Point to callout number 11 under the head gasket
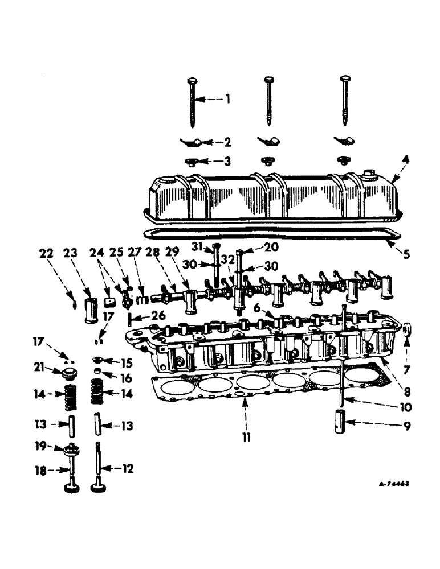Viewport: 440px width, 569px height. (246, 438)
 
